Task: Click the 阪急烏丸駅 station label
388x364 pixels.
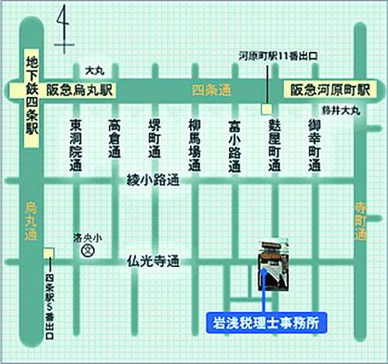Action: click(x=78, y=90)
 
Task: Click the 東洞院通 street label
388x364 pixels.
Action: click(x=75, y=145)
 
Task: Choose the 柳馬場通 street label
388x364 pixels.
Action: click(x=195, y=145)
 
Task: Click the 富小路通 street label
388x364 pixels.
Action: click(x=234, y=145)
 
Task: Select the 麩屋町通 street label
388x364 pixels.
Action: click(x=274, y=145)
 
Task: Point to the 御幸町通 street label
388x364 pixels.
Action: click(x=314, y=145)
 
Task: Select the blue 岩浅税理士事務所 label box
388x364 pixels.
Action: click(x=265, y=319)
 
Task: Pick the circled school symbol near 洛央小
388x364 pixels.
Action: click(x=88, y=251)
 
